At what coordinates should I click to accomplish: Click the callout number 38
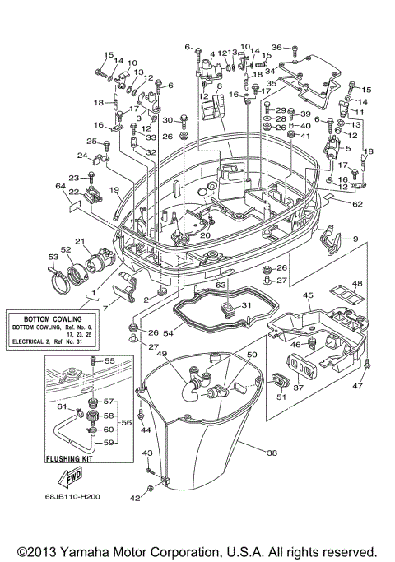tap(272, 452)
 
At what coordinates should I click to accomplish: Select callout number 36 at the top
tap(276, 46)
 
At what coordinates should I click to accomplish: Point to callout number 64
tap(59, 187)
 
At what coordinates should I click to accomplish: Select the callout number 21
tap(80, 241)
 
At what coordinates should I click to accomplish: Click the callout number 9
tap(355, 239)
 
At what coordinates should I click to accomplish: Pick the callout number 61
tap(61, 405)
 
